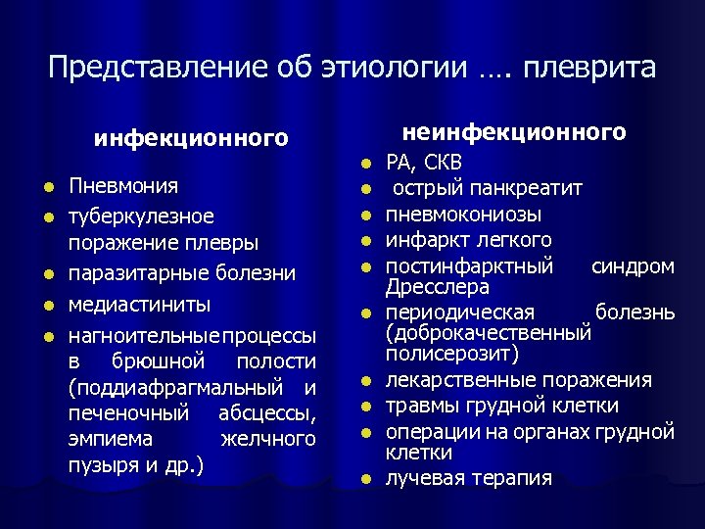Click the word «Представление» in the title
pos(134,68)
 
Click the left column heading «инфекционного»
pos(192,138)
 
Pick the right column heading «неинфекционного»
pos(515,131)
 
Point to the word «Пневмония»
pos(123,185)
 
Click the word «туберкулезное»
pos(141,215)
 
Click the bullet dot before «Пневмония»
pos(47,186)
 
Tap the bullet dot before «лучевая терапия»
pos(364,479)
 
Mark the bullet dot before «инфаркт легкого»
pos(364,240)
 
